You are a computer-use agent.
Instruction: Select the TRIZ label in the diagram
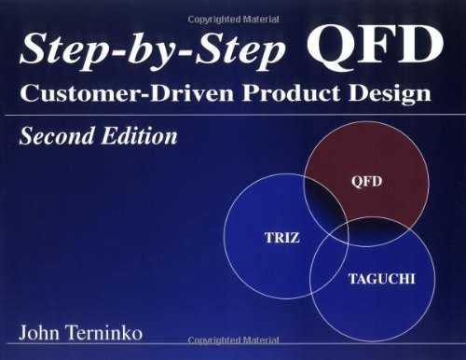click(281, 239)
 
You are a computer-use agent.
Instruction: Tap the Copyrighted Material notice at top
click(232, 8)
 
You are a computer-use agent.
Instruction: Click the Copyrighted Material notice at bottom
click(233, 353)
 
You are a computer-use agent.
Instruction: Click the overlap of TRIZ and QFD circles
click(326, 201)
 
